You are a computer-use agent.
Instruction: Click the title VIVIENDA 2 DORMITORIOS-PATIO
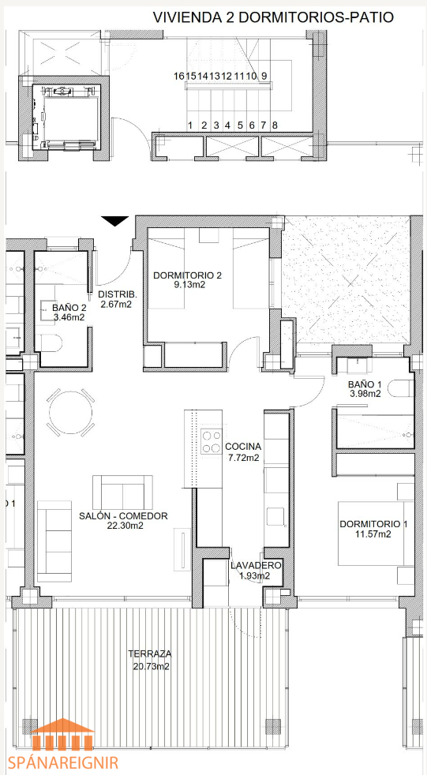273,17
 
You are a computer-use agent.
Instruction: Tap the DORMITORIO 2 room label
187,275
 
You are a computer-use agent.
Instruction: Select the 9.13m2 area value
187,284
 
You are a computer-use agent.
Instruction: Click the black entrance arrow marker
114,221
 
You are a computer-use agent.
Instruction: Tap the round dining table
71,413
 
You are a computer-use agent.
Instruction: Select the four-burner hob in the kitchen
212,442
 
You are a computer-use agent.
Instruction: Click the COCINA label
242,447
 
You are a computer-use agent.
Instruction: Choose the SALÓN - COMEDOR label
123,516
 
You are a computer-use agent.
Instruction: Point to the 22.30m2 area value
125,526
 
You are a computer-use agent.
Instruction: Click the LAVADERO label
256,565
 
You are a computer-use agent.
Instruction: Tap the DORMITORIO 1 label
373,524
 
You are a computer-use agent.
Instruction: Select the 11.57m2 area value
373,534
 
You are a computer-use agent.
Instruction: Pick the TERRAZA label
150,654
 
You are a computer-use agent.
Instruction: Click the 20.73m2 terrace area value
152,666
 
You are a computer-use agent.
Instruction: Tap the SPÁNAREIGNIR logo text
62,761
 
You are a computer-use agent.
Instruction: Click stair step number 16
178,76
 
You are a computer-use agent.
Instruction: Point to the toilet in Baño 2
50,342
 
